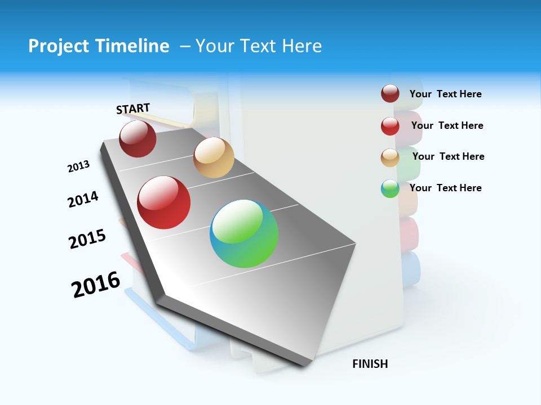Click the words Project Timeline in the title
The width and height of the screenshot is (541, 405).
99,46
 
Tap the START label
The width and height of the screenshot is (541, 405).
133,109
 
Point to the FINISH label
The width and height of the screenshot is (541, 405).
370,364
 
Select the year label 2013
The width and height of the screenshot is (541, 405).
78,166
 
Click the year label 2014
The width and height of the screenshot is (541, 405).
83,199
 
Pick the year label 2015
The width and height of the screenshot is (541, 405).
87,238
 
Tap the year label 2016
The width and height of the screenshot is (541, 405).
96,284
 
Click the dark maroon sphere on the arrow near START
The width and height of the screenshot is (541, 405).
138,138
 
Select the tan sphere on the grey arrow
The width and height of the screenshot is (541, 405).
214,157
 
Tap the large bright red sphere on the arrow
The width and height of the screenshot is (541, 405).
164,202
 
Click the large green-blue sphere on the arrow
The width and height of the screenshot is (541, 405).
244,233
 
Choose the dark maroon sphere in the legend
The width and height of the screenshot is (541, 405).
390,93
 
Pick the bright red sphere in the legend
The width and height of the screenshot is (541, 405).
390,126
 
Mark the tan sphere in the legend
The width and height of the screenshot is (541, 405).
390,157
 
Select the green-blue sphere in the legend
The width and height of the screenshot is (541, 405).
390,188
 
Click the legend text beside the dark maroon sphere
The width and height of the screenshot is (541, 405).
445,94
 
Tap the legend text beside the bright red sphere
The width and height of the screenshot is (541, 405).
447,125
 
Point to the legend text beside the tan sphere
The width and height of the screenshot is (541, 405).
448,156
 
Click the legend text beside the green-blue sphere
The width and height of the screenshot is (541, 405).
445,188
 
